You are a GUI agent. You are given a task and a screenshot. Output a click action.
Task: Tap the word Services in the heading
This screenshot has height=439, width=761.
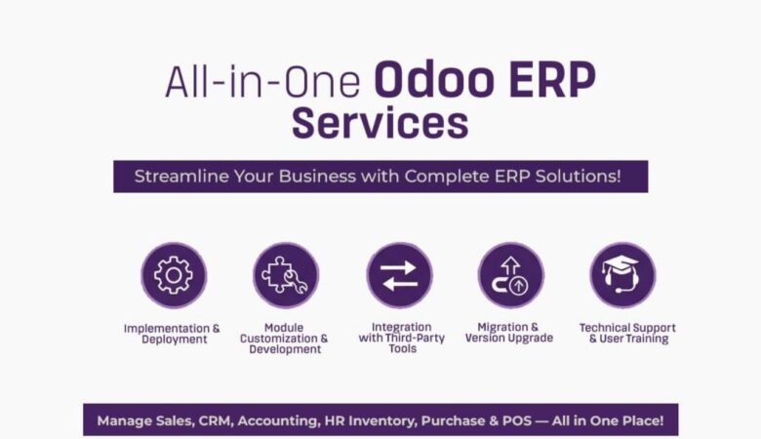(380, 124)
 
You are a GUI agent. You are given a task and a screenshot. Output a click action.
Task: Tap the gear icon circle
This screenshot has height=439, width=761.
(173, 275)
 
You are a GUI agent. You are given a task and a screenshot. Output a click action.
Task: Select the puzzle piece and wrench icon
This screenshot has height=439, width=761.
(285, 275)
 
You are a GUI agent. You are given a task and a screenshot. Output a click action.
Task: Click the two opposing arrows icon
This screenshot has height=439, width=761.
(399, 275)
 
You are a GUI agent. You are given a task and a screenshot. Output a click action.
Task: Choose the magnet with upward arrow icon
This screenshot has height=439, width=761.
(510, 275)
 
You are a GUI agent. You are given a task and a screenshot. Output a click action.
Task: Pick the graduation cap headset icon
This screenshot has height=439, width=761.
(622, 275)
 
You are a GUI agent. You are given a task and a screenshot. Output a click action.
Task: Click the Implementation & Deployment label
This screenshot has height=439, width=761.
(173, 334)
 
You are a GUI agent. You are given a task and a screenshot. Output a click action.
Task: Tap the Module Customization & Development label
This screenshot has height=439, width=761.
(284, 339)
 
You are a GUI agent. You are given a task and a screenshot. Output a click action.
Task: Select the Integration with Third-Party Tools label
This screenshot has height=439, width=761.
(402, 339)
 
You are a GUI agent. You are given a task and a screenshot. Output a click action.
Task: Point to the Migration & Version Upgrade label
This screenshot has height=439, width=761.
(509, 334)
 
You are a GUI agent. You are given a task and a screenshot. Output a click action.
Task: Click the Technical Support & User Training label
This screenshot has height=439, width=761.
(626, 334)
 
